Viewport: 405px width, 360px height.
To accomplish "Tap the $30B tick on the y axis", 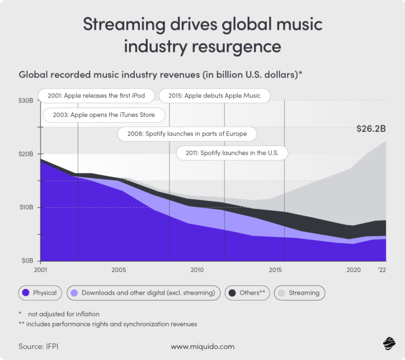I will (x=26, y=101).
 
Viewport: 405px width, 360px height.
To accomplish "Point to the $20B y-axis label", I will (x=26, y=154).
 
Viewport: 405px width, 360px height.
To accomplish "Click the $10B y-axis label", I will (x=26, y=207).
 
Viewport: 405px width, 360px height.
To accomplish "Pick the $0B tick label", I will (x=27, y=261).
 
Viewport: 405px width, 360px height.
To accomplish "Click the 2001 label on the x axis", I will (x=41, y=270).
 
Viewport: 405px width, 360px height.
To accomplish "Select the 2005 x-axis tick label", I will (x=119, y=270).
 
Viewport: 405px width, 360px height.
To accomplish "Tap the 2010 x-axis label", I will (x=197, y=270).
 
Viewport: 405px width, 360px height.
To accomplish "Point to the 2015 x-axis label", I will (x=275, y=270).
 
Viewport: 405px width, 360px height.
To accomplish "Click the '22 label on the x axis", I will (x=382, y=270).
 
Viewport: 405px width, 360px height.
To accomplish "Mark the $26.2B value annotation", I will (x=370, y=130).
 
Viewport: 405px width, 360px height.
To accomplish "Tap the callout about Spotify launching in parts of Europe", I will (x=187, y=134).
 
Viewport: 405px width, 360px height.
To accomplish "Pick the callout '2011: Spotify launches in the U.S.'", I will (x=232, y=153).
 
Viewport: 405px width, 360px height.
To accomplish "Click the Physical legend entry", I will (x=40, y=293).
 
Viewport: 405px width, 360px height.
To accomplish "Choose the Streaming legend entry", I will (x=299, y=293).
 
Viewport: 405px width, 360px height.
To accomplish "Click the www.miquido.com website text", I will (x=203, y=347).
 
